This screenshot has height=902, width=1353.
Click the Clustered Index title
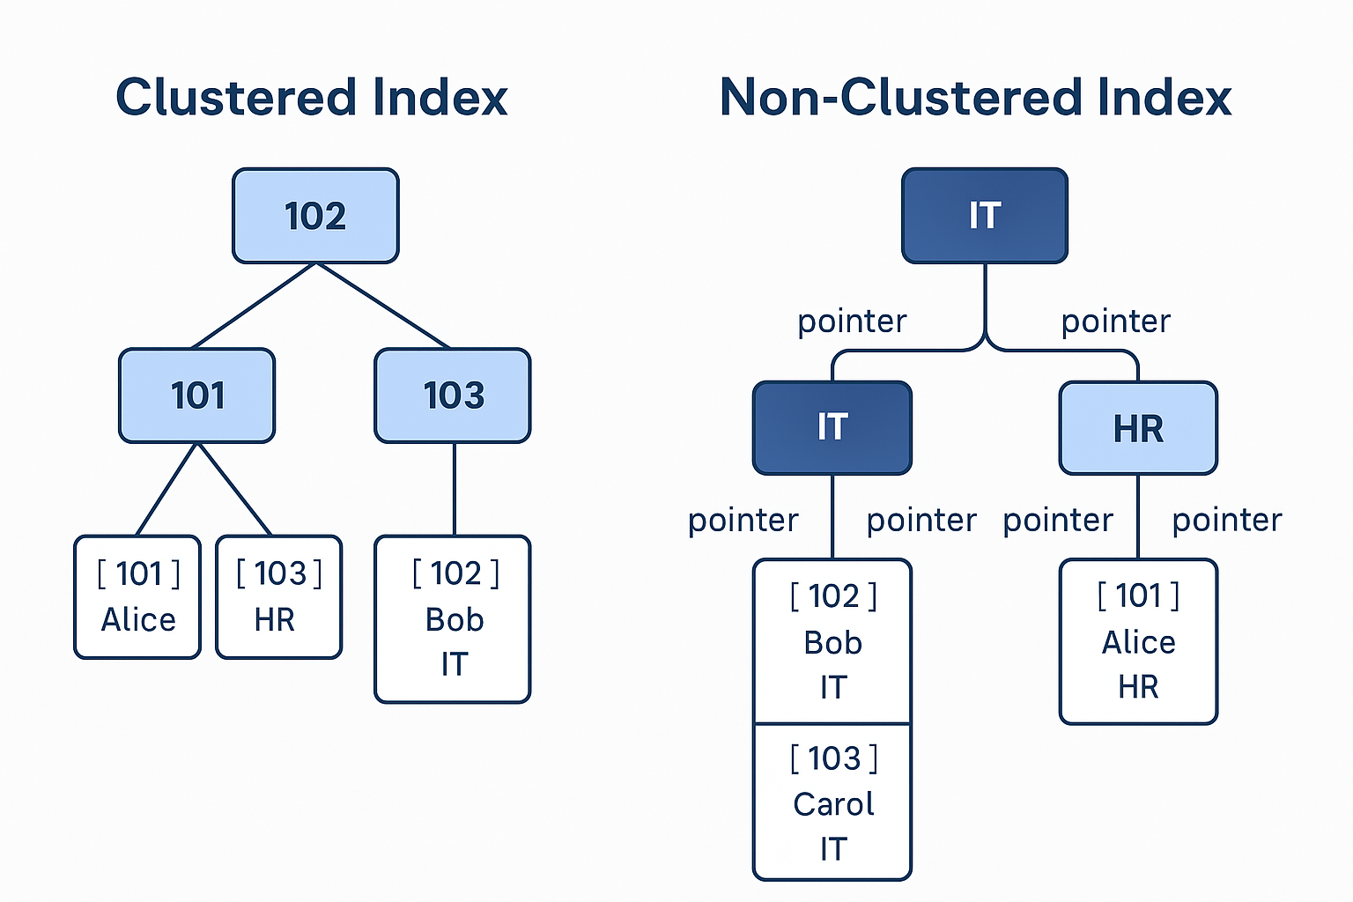(312, 97)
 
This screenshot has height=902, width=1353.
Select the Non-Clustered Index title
(975, 97)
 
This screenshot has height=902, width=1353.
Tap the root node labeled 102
(315, 216)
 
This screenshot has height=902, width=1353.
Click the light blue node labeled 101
(197, 396)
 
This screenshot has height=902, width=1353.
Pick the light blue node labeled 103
(453, 396)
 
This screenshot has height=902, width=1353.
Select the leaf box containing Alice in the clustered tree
(137, 597)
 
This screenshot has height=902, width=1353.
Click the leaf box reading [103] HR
(279, 597)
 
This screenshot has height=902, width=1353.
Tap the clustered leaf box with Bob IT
(453, 619)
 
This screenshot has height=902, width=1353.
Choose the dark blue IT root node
(985, 216)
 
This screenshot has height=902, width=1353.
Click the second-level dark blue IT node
(832, 428)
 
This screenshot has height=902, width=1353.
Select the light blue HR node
(1139, 428)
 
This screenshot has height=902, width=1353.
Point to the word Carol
(833, 804)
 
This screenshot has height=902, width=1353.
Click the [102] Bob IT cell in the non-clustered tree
(832, 641)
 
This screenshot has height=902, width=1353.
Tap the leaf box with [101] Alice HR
(1139, 641)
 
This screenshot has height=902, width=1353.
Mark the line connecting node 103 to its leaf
(455, 490)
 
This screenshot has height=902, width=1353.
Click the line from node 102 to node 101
(254, 306)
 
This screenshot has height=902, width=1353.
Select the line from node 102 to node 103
(383, 306)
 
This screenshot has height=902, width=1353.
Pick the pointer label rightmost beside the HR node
(1227, 521)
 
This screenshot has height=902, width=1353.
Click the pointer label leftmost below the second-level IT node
(743, 521)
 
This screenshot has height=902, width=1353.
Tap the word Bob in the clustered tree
(455, 620)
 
